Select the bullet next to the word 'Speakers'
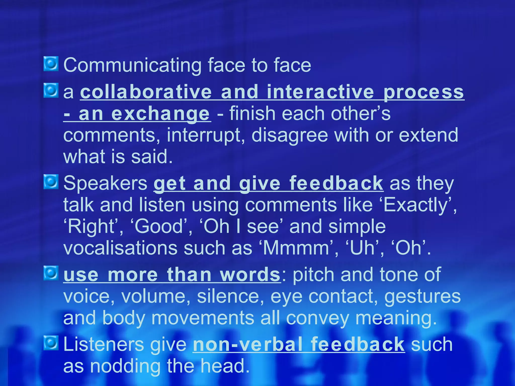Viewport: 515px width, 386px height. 51,182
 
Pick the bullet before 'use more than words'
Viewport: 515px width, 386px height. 51,273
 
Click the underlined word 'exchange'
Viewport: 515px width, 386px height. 160,114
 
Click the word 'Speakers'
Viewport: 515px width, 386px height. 105,183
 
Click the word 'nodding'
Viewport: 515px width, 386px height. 125,366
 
